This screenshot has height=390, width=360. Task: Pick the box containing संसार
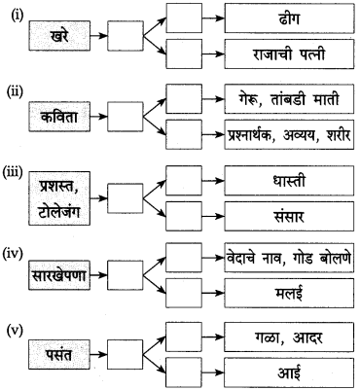[285, 214]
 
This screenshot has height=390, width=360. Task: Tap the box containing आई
[285, 369]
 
